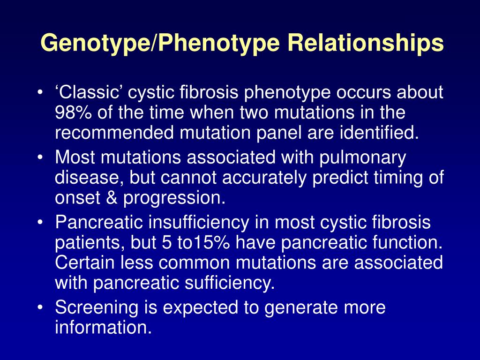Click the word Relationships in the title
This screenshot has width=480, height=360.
(x=366, y=43)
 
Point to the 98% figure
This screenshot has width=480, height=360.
(x=73, y=112)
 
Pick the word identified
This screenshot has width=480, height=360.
(x=379, y=133)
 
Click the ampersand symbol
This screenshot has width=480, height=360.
(x=112, y=197)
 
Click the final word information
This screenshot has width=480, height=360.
(x=104, y=327)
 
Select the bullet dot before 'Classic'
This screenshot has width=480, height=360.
(x=39, y=92)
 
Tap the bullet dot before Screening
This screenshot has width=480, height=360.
(x=39, y=307)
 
